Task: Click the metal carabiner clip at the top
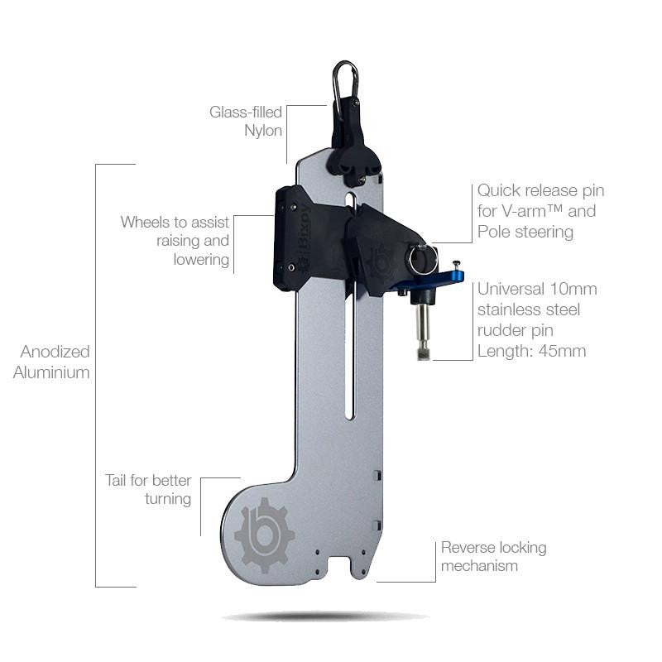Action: [345, 79]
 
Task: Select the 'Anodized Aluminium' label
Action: [51, 362]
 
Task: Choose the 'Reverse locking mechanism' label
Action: [493, 556]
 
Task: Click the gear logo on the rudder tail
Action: [264, 535]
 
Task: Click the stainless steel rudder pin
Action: [422, 326]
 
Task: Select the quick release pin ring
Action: [422, 257]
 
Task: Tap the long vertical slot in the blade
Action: [351, 331]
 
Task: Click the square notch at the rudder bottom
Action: [338, 567]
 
